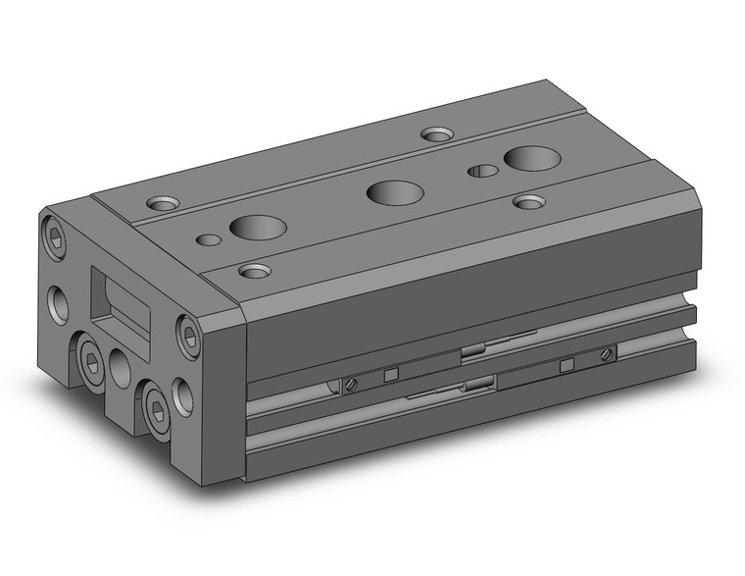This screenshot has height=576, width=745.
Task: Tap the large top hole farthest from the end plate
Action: (528, 156)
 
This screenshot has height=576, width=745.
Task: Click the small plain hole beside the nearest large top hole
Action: (207, 238)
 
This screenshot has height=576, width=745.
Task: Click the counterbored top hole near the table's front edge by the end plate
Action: (255, 269)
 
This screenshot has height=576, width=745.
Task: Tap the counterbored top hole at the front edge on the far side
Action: (529, 201)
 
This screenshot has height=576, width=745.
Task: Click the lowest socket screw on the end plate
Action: (155, 401)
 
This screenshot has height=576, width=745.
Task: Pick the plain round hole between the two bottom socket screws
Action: (121, 368)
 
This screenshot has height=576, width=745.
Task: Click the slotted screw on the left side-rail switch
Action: (348, 385)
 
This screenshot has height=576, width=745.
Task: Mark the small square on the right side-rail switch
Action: (566, 365)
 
